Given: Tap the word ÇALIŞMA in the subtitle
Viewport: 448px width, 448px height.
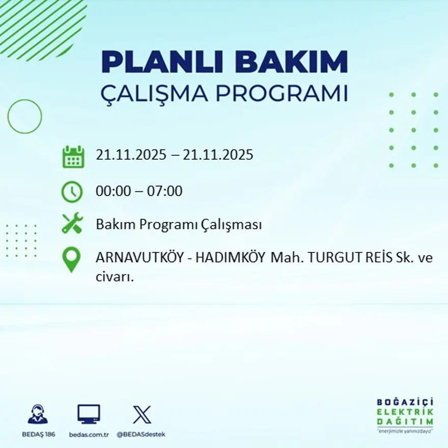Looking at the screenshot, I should click(x=155, y=94).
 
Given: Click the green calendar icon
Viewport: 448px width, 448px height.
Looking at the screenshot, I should click(x=73, y=157).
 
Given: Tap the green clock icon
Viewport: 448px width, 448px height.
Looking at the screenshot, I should click(x=72, y=191).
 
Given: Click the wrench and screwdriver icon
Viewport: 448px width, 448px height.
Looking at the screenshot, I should click(x=72, y=224).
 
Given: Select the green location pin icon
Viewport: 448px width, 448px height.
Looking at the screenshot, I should click(x=72, y=259).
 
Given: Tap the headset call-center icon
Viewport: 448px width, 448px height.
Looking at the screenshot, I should click(x=38, y=414).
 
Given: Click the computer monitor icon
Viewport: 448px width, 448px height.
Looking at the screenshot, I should click(x=89, y=414).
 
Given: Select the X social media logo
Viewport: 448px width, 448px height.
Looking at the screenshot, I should click(x=142, y=414).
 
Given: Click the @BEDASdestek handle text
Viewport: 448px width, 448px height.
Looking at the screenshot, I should click(x=141, y=434).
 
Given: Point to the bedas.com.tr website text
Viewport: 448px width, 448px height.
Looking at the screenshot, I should click(x=89, y=434).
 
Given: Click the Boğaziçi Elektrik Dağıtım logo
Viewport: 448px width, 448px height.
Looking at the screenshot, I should click(x=405, y=414).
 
